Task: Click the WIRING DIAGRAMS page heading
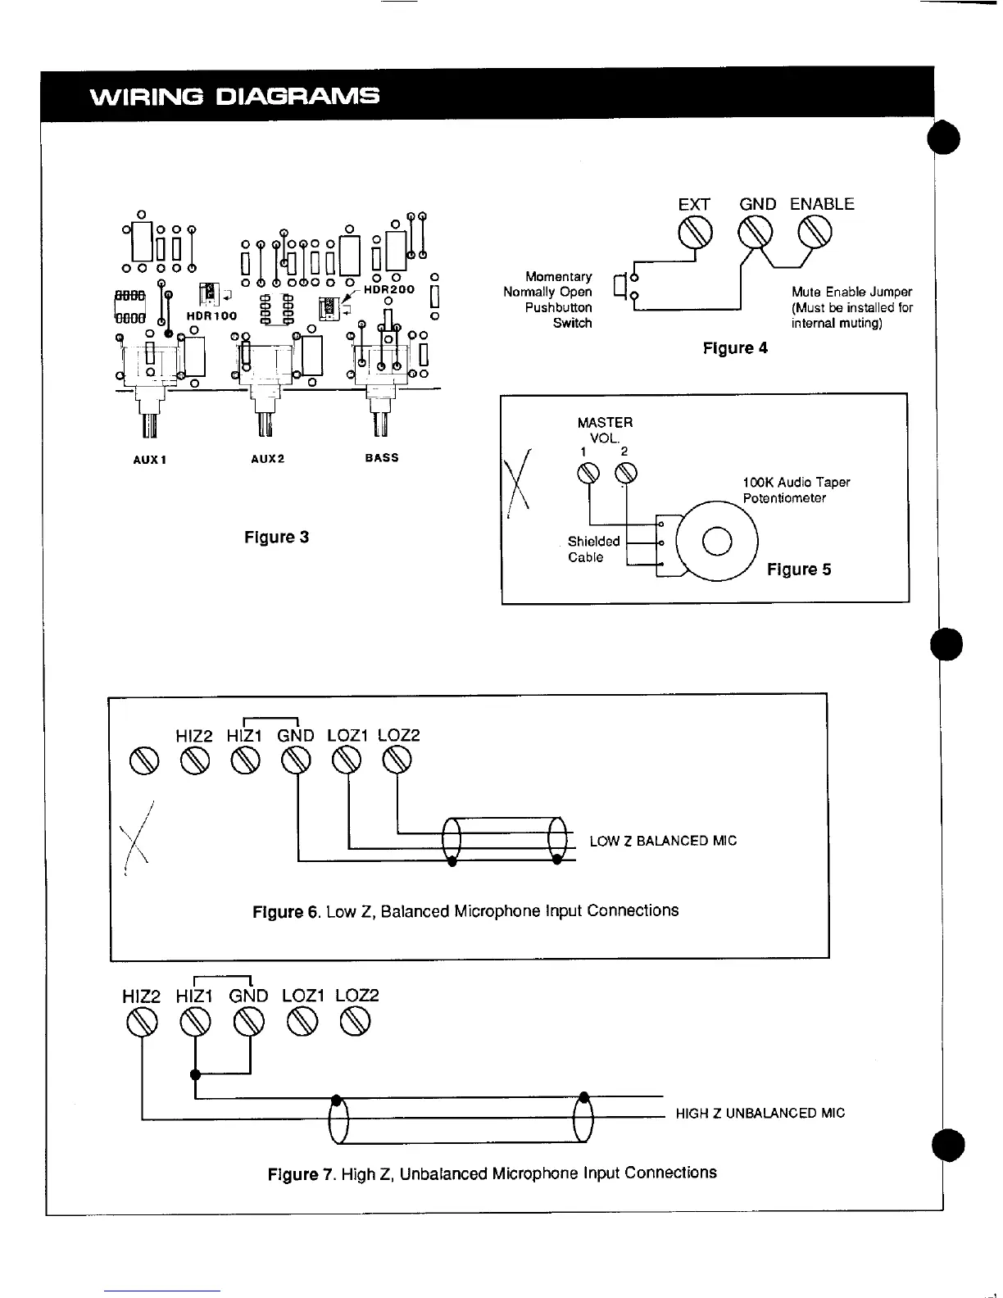pyautogui.click(x=234, y=97)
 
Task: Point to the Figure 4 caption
pyautogui.click(x=735, y=347)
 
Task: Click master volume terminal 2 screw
pyautogui.click(x=626, y=474)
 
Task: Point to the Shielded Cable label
pyautogui.click(x=593, y=549)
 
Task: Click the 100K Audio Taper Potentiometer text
pyautogui.click(x=796, y=490)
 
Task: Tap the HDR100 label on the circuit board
pyautogui.click(x=211, y=315)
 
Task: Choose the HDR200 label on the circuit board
pyautogui.click(x=389, y=289)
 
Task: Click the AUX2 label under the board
pyautogui.click(x=267, y=459)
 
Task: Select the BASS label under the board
pyautogui.click(x=381, y=457)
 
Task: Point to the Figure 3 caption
pyautogui.click(x=276, y=538)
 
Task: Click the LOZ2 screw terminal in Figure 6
pyautogui.click(x=397, y=761)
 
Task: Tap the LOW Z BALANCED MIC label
pyautogui.click(x=663, y=841)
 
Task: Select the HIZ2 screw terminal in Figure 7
pyautogui.click(x=143, y=1021)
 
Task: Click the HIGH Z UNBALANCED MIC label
pyautogui.click(x=760, y=1113)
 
